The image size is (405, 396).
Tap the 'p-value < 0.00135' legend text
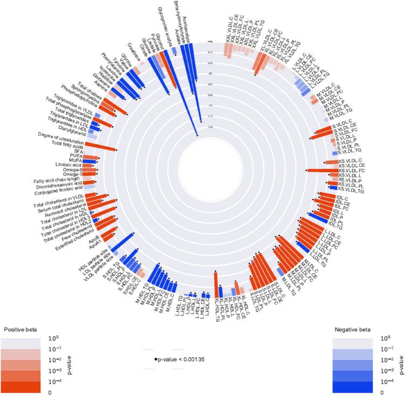[179, 359]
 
